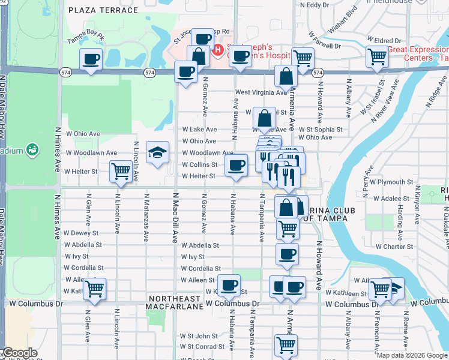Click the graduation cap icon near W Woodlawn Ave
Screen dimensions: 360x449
[x=157, y=154]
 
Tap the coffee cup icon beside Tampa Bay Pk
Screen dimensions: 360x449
[x=91, y=59]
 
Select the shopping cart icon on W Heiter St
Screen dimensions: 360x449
[x=121, y=172]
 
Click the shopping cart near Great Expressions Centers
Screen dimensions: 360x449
[x=378, y=57]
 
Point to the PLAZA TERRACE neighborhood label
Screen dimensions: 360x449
[x=103, y=11]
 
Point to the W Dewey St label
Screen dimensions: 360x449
[x=80, y=233]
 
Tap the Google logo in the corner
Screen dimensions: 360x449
[x=19, y=353]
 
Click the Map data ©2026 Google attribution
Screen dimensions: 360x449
[x=412, y=355]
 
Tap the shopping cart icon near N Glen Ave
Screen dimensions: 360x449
[x=95, y=289]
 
